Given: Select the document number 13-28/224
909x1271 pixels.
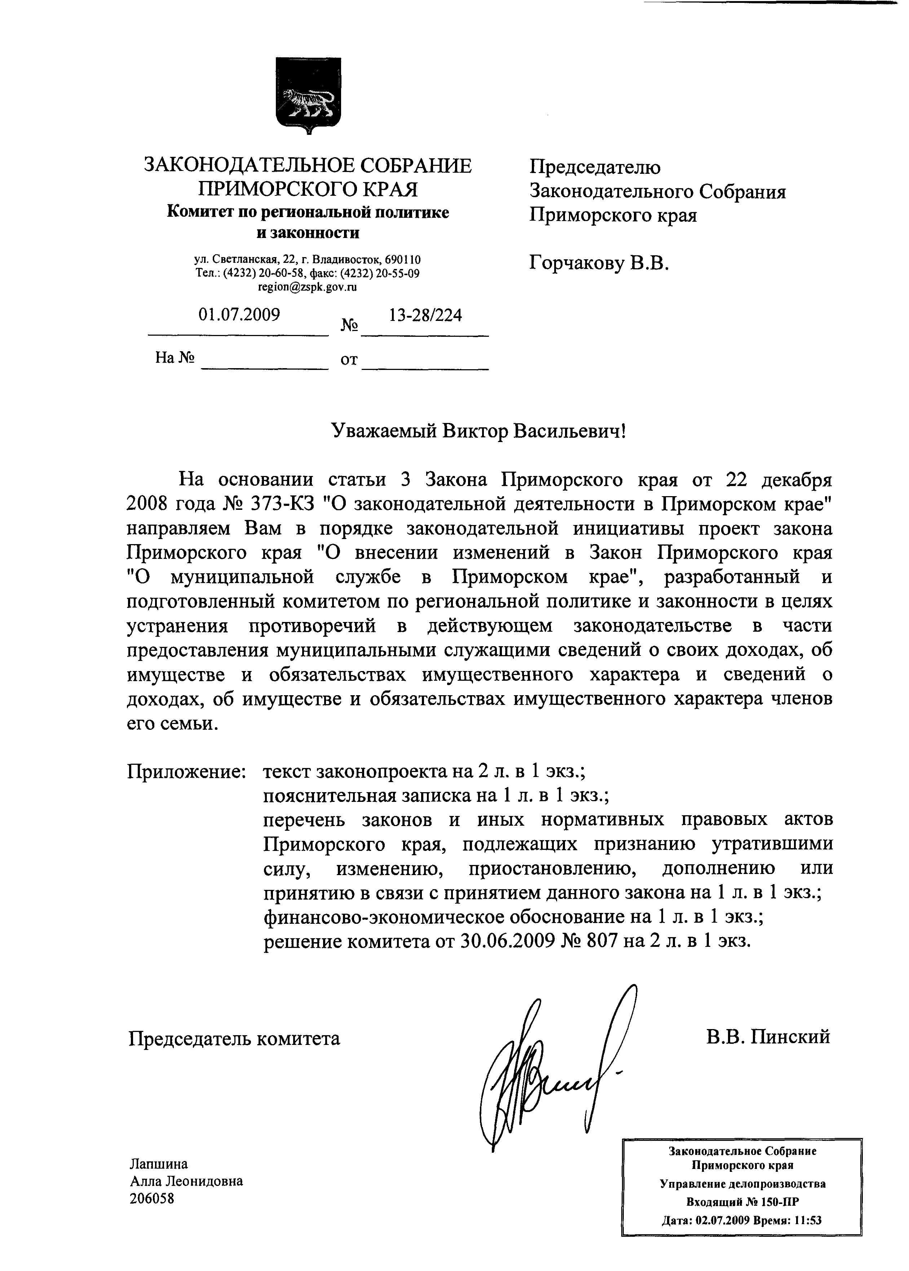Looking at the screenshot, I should [x=425, y=315].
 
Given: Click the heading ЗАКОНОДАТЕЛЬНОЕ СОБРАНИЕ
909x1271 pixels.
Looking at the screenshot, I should [x=308, y=166].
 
